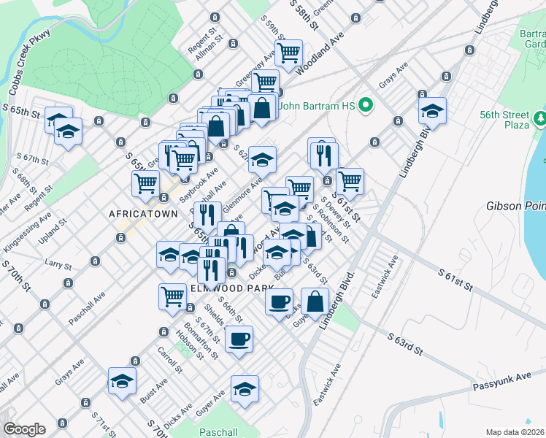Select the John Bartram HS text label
pyautogui.click(x=320, y=107)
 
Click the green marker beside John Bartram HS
pyautogui.click(x=368, y=107)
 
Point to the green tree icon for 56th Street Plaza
pyautogui.click(x=541, y=117)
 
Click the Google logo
pyautogui.click(x=24, y=429)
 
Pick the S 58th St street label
pyautogui.click(x=304, y=13)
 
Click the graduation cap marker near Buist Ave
pyautogui.click(x=122, y=380)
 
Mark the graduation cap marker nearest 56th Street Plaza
pyautogui.click(x=432, y=111)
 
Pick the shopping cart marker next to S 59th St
pyautogui.click(x=289, y=53)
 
